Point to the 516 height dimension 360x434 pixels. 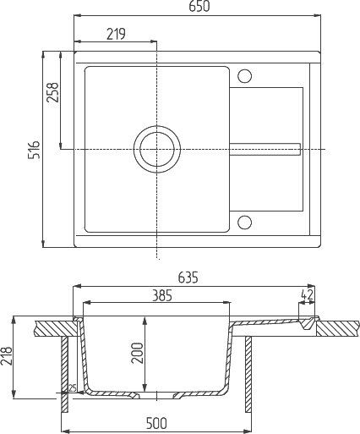pyautogui.click(x=34, y=149)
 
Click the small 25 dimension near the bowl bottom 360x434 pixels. pyautogui.click(x=74, y=388)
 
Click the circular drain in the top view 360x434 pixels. pyautogui.click(x=156, y=149)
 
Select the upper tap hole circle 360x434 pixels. pyautogui.click(x=244, y=76)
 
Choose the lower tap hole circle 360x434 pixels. pyautogui.click(x=244, y=222)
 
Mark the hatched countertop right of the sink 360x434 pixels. pyautogui.click(x=338, y=327)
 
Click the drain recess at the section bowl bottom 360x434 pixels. pyautogui.click(x=156, y=394)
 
